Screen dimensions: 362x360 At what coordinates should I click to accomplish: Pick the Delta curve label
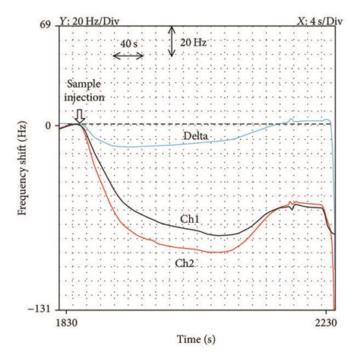pos(195,137)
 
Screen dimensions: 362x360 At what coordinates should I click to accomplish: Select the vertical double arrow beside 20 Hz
pos(173,41)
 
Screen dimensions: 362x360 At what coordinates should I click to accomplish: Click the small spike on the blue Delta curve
pos(292,118)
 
